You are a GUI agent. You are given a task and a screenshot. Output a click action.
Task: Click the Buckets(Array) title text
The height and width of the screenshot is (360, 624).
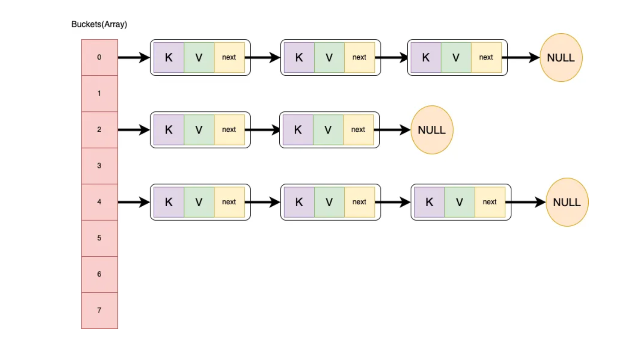99,25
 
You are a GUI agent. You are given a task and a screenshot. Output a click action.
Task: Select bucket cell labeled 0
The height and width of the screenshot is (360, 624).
100,57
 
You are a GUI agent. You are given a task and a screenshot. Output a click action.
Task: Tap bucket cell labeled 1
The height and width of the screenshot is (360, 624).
100,93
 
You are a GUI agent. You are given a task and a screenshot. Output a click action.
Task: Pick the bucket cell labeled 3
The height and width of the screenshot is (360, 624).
100,166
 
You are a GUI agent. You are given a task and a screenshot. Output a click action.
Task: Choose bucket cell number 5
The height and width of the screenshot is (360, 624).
100,238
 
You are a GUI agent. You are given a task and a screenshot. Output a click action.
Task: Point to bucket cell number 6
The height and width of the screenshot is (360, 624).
100,274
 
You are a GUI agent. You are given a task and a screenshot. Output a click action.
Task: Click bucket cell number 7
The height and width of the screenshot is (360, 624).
100,310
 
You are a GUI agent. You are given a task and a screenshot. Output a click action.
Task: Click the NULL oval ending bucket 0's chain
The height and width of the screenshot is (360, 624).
561,58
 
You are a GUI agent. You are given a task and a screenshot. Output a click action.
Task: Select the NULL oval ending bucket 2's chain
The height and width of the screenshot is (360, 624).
432,130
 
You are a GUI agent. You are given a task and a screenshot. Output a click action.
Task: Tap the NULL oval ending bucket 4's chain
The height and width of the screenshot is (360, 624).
567,202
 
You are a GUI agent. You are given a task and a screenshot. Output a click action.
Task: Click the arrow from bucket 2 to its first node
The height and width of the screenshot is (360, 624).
134,130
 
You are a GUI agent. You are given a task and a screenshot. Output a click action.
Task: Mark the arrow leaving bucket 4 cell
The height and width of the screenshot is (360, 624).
134,202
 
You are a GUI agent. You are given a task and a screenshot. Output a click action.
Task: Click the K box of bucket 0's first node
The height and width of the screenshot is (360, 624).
168,57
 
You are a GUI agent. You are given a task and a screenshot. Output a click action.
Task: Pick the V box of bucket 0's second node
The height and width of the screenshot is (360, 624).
329,57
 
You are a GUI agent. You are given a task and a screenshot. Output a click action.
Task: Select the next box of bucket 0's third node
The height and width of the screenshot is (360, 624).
486,57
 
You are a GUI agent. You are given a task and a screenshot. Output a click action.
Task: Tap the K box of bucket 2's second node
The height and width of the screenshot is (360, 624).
298,130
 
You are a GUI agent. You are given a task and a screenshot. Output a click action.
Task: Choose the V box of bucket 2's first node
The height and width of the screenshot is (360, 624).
199,130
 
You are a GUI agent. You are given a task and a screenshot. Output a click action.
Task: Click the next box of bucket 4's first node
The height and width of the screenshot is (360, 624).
229,202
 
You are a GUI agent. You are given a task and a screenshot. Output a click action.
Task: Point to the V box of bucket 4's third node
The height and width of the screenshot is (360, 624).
459,202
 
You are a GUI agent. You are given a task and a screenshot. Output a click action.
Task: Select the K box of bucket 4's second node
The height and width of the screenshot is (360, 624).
299,202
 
